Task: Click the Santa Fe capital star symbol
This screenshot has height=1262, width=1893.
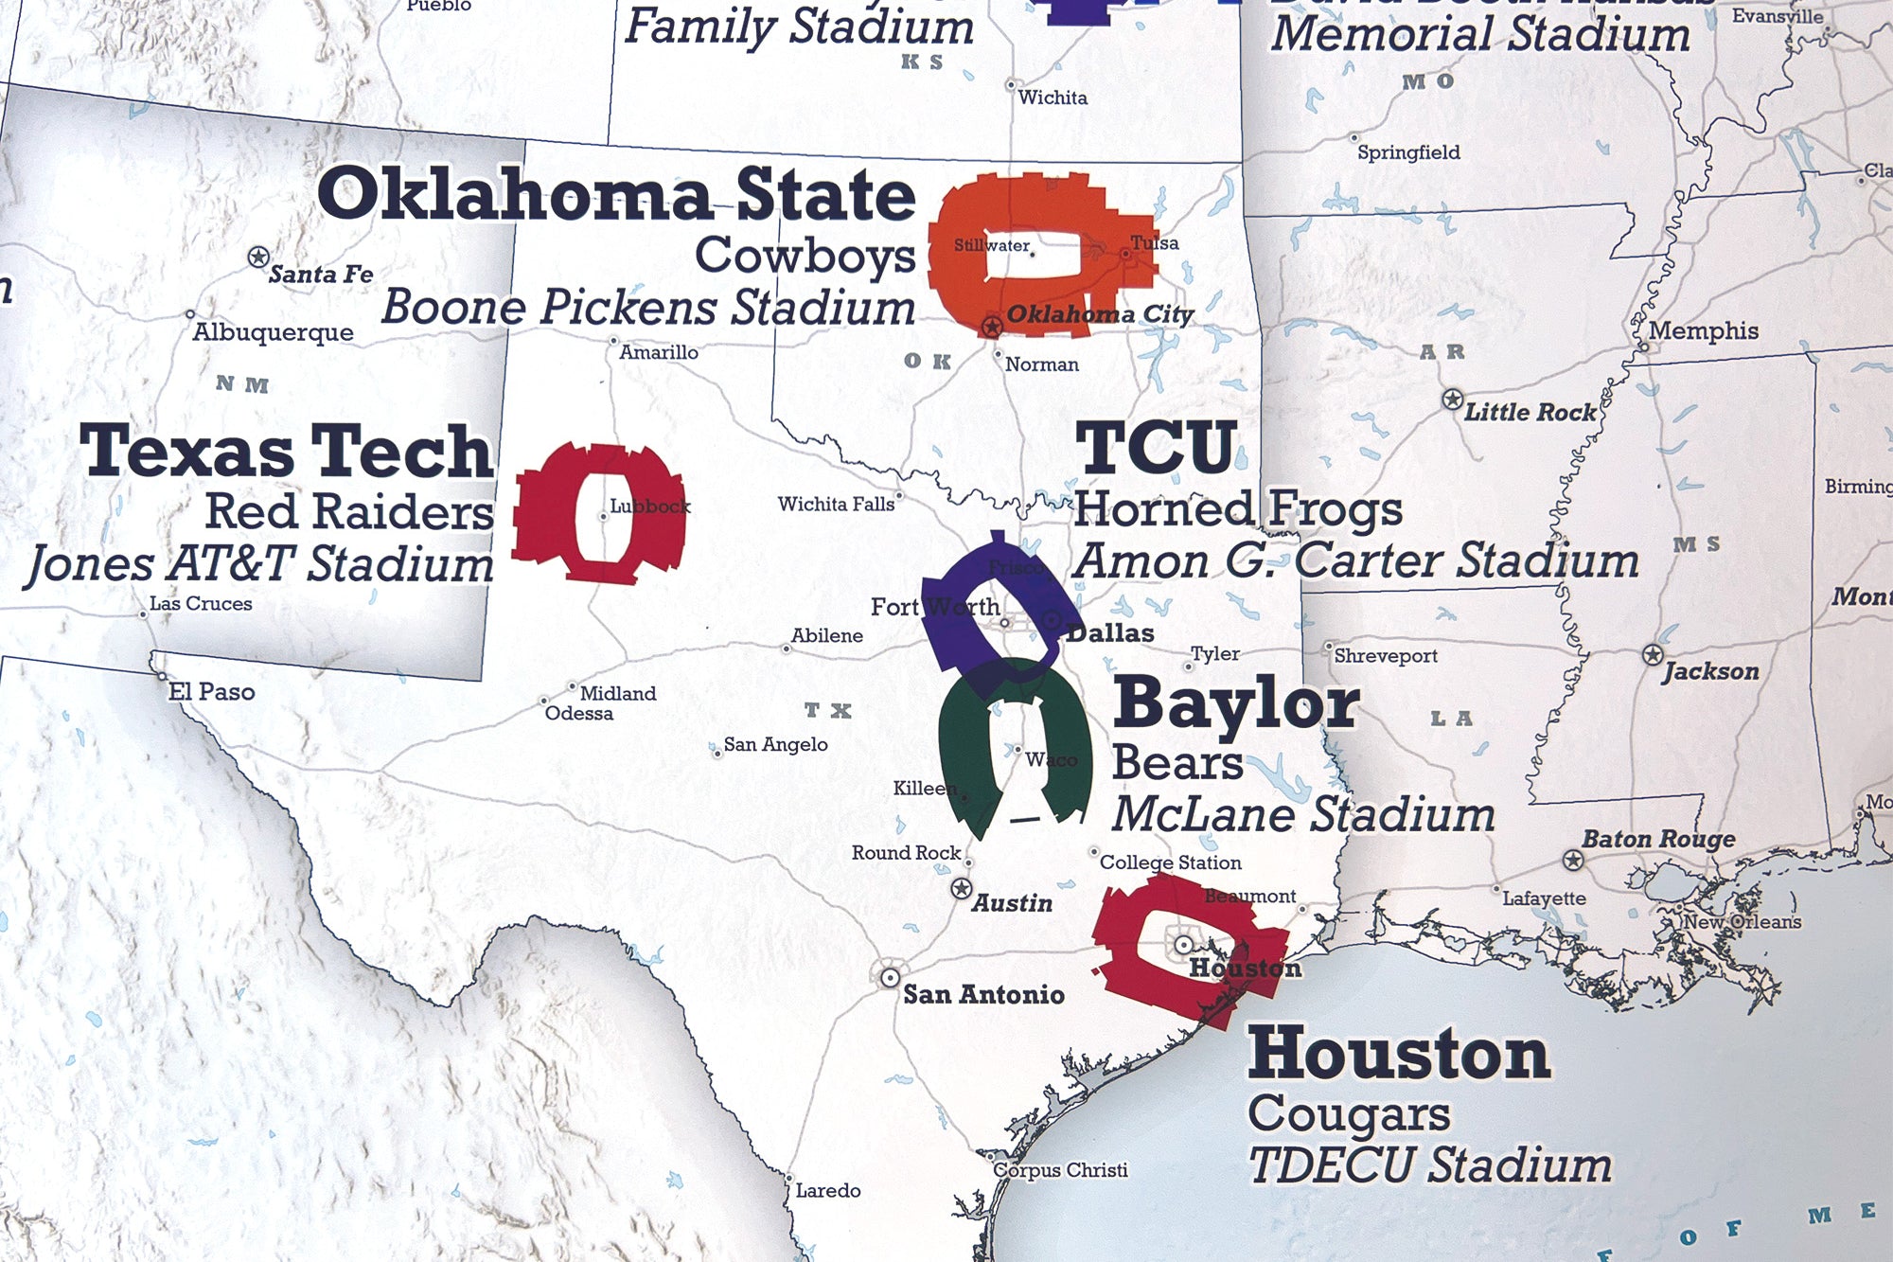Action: click(x=258, y=257)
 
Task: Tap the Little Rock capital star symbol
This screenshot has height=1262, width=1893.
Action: click(x=1452, y=400)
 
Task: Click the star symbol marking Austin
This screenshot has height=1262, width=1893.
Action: click(x=961, y=889)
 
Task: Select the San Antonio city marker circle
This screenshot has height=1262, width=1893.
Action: click(x=890, y=977)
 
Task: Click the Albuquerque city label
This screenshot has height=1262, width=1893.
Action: click(x=273, y=332)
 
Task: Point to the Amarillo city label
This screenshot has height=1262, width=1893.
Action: click(x=659, y=352)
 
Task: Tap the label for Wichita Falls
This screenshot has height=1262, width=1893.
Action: click(x=836, y=505)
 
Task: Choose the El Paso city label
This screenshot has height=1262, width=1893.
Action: click(x=211, y=692)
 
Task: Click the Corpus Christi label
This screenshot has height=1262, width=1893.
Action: click(x=1060, y=1170)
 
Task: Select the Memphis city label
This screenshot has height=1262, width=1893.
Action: click(x=1703, y=330)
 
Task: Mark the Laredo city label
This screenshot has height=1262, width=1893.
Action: click(x=827, y=1191)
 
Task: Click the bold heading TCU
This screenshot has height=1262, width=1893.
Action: click(x=1156, y=448)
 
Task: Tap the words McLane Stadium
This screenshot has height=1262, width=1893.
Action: click(x=1302, y=814)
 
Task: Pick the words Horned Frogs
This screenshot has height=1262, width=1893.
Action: click(x=1237, y=509)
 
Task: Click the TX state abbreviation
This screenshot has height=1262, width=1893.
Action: click(x=828, y=710)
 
